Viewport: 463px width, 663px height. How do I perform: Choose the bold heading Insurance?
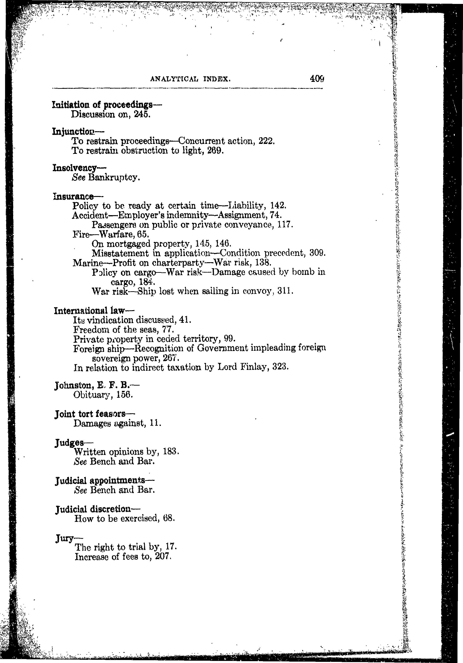74,197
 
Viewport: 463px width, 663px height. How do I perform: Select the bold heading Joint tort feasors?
90,414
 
